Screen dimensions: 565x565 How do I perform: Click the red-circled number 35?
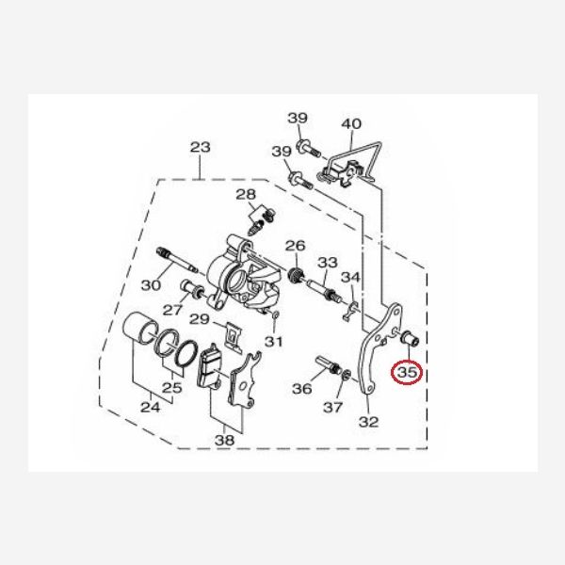(x=407, y=373)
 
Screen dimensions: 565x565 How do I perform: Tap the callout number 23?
(x=201, y=147)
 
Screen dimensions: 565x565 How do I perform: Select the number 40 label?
(x=351, y=123)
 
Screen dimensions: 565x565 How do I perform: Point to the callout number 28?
(x=246, y=195)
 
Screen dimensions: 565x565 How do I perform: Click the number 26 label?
(x=295, y=246)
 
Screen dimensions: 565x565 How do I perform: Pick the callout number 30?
(x=151, y=285)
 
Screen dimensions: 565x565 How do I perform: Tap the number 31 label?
(x=273, y=341)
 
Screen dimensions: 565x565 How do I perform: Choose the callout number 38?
(x=224, y=440)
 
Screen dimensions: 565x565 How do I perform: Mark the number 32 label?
(x=368, y=422)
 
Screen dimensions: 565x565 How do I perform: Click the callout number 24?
(x=151, y=408)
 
